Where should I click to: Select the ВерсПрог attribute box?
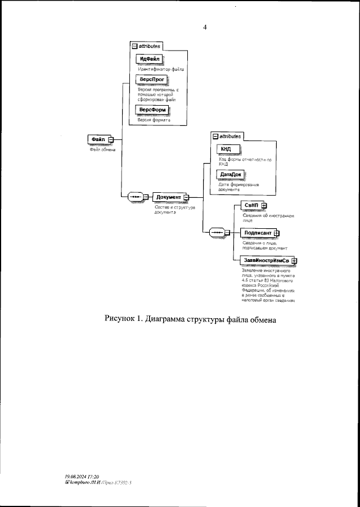(151, 81)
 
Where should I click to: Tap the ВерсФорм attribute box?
(152, 110)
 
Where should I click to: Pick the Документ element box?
(168, 197)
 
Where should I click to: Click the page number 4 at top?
(205, 27)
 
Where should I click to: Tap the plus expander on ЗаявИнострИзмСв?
(294, 261)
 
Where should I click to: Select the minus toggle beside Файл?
(111, 140)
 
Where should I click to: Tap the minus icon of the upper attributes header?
(134, 46)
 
